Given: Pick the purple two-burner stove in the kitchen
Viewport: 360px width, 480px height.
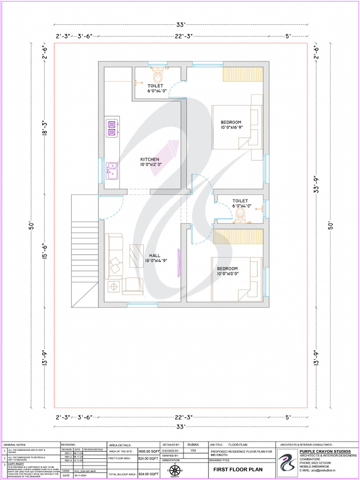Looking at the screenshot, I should pos(112,128).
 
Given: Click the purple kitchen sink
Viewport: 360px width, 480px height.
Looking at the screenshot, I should pos(112,170).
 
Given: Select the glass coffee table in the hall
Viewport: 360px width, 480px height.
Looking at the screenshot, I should pos(136,256).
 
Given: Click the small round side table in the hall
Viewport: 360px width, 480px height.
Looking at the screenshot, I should pos(113,286).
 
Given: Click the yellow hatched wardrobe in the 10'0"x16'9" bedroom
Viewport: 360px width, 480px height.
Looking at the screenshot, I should pos(242,75).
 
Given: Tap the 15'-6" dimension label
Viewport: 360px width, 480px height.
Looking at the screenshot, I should pos(45,250).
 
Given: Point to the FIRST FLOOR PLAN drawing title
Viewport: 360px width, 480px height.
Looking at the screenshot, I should pos(238,469).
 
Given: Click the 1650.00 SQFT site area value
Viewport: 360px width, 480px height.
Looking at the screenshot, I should pos(148,450).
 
